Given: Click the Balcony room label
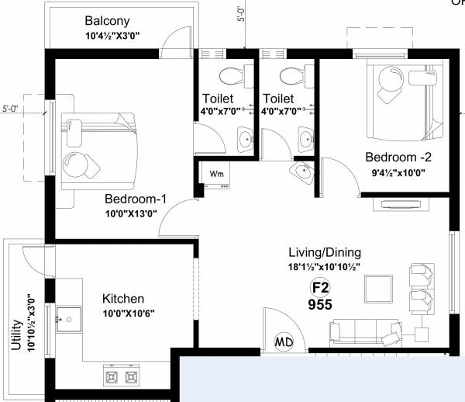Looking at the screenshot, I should click(x=108, y=21).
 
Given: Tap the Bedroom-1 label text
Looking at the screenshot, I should click(x=133, y=197).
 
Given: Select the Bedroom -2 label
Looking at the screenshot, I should click(x=398, y=157).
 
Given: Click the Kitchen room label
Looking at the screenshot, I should click(x=123, y=298).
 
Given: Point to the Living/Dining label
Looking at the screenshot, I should click(x=324, y=253).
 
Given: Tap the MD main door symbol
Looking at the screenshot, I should click(x=284, y=341).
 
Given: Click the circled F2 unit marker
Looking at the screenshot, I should click(x=320, y=286).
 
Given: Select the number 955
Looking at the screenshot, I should click(x=320, y=305).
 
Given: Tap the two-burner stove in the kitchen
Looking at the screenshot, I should click(x=120, y=376).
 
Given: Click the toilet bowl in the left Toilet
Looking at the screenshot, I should click(x=229, y=76).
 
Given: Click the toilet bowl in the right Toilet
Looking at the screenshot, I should click(x=291, y=76).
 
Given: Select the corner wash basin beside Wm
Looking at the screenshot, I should click(x=303, y=172).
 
